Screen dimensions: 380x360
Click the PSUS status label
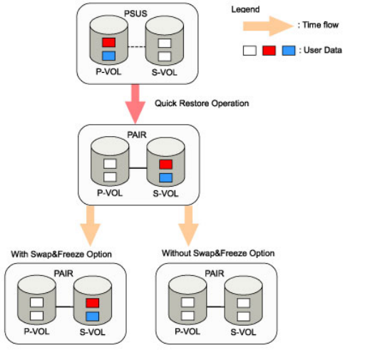coord(135,14)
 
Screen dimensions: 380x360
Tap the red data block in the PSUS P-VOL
coord(108,42)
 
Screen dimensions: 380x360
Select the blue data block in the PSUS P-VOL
coord(108,56)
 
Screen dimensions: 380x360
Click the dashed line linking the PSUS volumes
coord(137,47)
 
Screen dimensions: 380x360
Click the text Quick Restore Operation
coord(202,103)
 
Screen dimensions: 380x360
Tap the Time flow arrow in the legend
coord(268,26)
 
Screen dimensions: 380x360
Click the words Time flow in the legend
coord(320,25)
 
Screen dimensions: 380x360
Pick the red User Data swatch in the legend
coord(269,51)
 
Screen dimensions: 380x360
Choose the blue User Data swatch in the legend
coord(289,51)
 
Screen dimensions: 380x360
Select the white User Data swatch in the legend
coord(250,51)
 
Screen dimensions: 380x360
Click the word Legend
coord(245,9)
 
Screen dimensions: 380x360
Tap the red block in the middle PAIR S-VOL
coord(166,164)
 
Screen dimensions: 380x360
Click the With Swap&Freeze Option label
coord(61,254)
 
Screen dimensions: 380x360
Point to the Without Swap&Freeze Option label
coord(218,253)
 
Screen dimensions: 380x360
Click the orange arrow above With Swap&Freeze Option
coord(90,226)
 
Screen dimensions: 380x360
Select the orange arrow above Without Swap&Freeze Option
coord(188,226)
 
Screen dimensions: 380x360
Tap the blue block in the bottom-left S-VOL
coord(93,317)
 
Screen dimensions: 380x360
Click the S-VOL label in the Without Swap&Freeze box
coord(243,332)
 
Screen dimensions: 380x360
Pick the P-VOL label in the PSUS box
coord(108,72)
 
